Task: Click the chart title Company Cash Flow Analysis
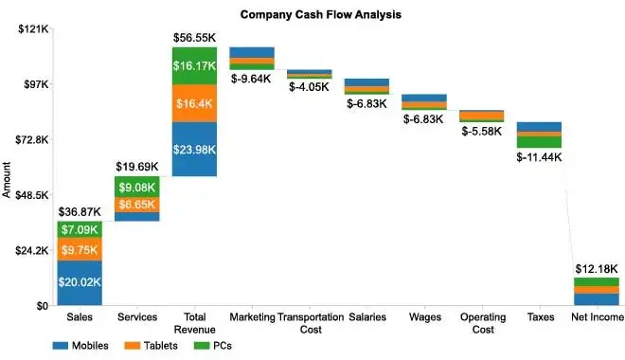pyautogui.click(x=320, y=14)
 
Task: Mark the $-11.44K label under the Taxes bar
pyautogui.click(x=539, y=156)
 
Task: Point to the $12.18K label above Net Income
pyautogui.click(x=596, y=269)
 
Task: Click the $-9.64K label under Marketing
pyautogui.click(x=252, y=79)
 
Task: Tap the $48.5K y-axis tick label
pyautogui.click(x=31, y=196)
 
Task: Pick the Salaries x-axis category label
pyautogui.click(x=366, y=316)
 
